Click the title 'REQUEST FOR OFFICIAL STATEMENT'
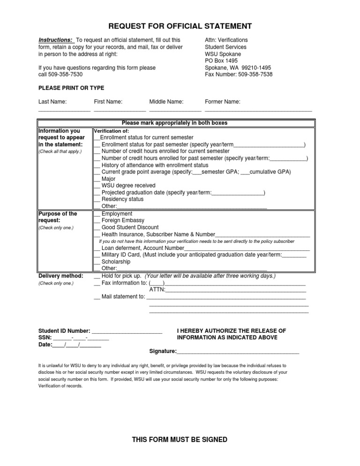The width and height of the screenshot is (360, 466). [180, 26]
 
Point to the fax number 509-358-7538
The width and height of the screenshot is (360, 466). [255, 75]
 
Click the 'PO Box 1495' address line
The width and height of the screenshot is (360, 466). [221, 61]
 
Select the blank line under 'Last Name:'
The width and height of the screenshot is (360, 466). [64, 109]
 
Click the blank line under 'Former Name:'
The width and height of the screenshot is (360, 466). [258, 109]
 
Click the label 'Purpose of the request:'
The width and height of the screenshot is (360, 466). [58, 217]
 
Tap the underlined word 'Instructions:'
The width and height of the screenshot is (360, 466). [55, 40]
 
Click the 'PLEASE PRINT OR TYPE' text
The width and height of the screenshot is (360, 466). [71, 88]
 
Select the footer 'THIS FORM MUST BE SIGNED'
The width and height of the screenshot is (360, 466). [180, 440]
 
